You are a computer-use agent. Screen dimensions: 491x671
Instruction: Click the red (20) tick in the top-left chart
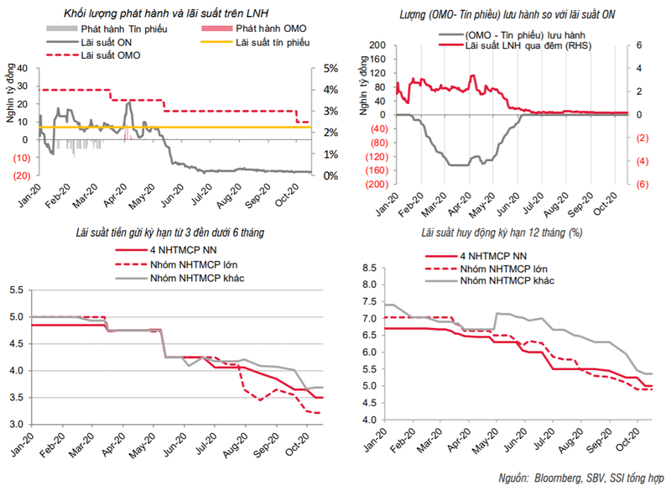(23, 175)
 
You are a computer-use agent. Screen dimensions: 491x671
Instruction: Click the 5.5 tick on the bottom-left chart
(18, 290)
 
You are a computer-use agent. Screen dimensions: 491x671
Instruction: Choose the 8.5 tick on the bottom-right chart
(367, 267)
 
